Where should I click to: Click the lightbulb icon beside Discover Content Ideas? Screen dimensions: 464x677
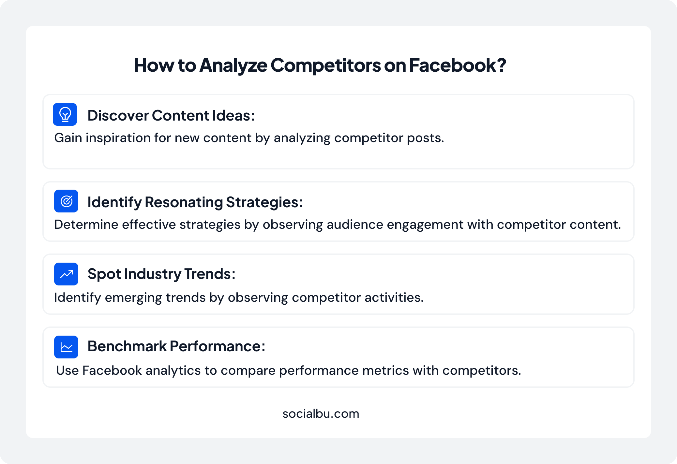coord(65,114)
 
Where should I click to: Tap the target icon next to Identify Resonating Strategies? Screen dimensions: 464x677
coord(66,201)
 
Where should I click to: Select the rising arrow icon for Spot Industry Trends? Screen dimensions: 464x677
coord(66,274)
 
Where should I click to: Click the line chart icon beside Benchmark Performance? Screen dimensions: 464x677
coord(66,347)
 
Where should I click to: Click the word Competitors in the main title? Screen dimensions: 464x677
coord(325,65)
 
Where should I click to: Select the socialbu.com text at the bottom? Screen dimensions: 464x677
coord(321,414)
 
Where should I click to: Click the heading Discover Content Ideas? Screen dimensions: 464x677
coord(171,116)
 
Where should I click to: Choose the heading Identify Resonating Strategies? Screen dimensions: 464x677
coord(195,202)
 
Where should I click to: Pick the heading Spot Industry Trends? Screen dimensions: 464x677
coord(161,274)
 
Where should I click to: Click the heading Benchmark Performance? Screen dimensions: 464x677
coord(176,346)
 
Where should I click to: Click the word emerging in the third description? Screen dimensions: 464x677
coord(133,298)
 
